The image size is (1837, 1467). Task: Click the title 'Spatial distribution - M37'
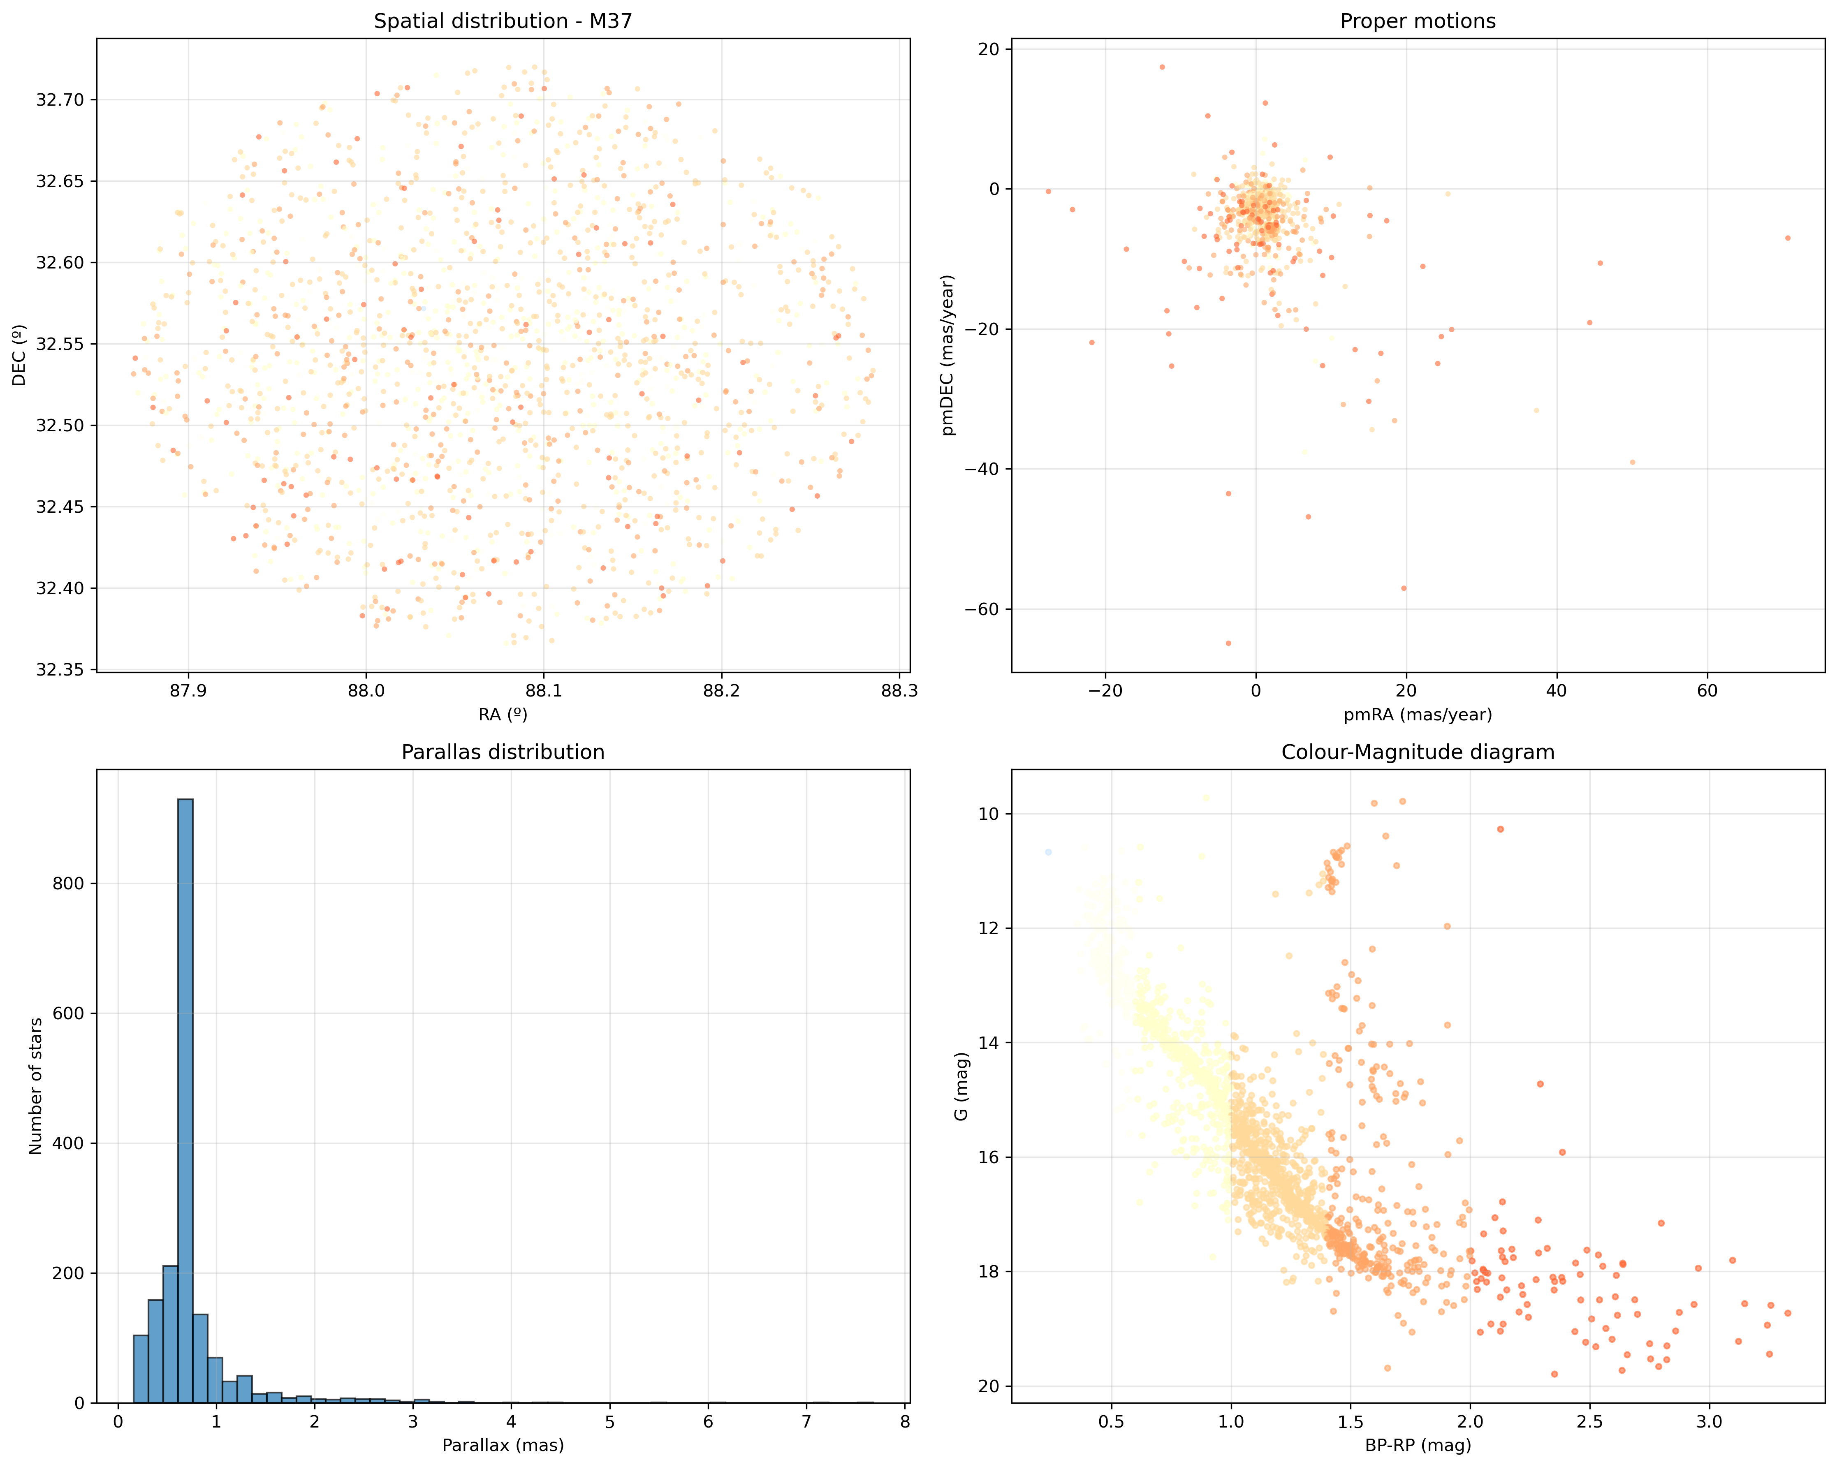click(x=503, y=21)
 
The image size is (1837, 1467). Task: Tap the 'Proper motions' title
click(x=1418, y=21)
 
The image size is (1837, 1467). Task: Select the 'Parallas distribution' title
click(x=503, y=752)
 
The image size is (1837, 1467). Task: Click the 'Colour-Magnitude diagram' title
click(x=1418, y=752)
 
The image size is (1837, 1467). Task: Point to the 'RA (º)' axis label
click(x=503, y=715)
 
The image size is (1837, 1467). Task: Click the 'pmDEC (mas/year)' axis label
click(x=948, y=355)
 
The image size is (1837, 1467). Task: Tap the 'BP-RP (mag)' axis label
click(x=1418, y=1445)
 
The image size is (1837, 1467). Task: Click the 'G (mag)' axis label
click(x=962, y=1086)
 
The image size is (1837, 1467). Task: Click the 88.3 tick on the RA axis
click(x=899, y=691)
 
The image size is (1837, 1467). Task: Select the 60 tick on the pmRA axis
click(x=1707, y=691)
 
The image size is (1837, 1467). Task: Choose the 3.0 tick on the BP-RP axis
click(x=1708, y=1422)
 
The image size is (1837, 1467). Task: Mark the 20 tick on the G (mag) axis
click(x=988, y=1386)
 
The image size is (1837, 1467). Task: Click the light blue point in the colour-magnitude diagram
click(x=1048, y=852)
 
